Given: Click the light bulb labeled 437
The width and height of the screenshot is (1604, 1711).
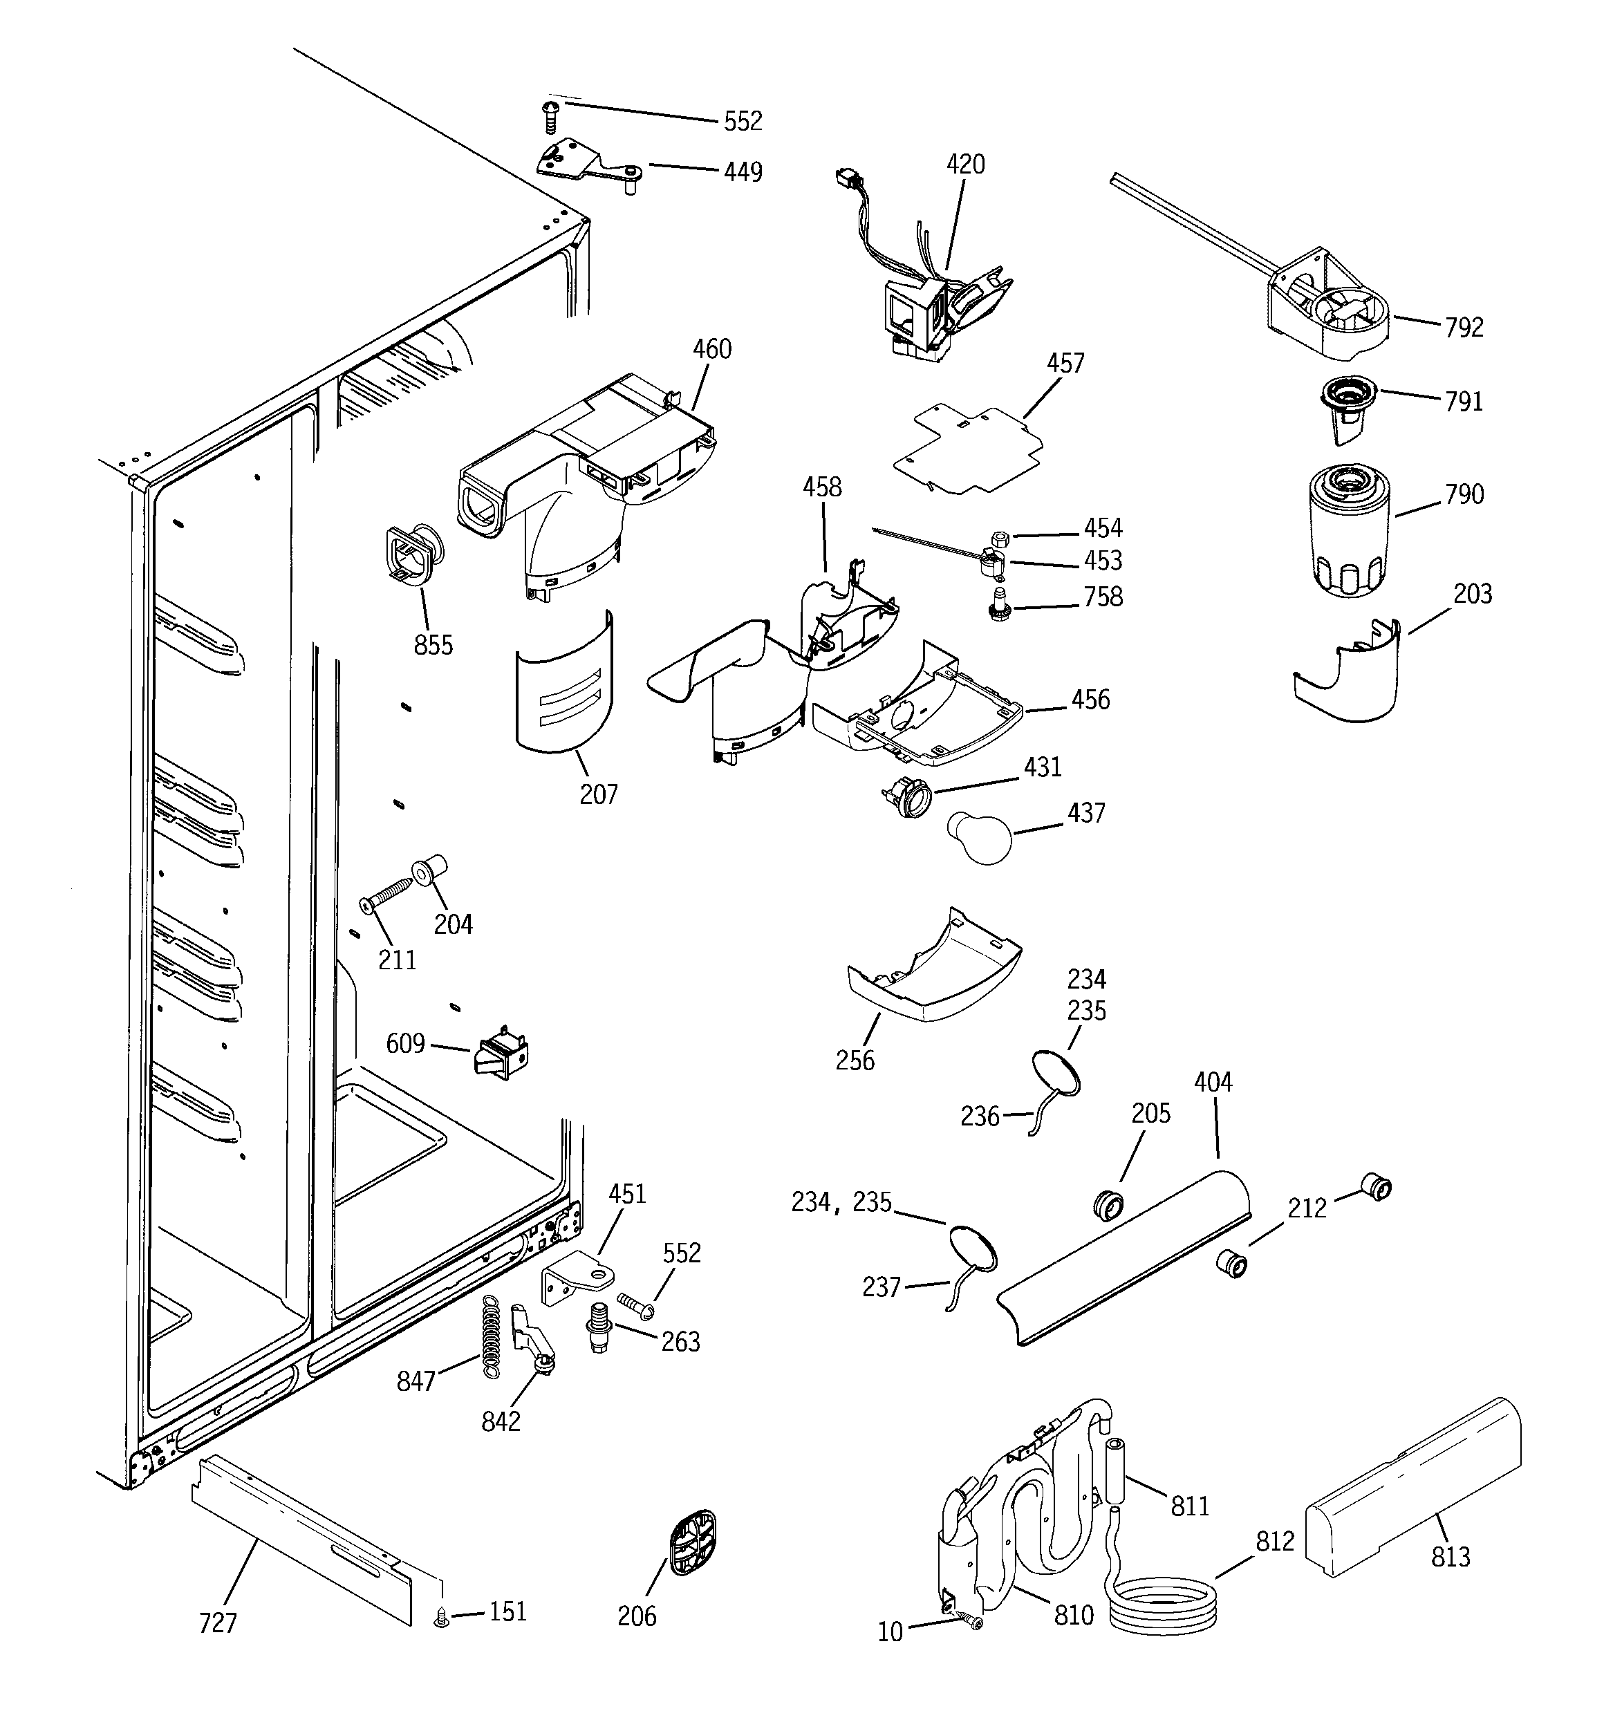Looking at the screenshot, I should (x=979, y=836).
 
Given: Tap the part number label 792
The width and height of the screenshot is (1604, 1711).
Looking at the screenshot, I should (x=1464, y=328).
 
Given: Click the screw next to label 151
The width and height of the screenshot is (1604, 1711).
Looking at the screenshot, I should (x=442, y=1619).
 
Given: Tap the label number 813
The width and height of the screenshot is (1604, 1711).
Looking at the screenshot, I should (x=1450, y=1557).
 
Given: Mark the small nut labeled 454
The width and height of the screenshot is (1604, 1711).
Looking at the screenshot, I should (x=1000, y=539).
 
